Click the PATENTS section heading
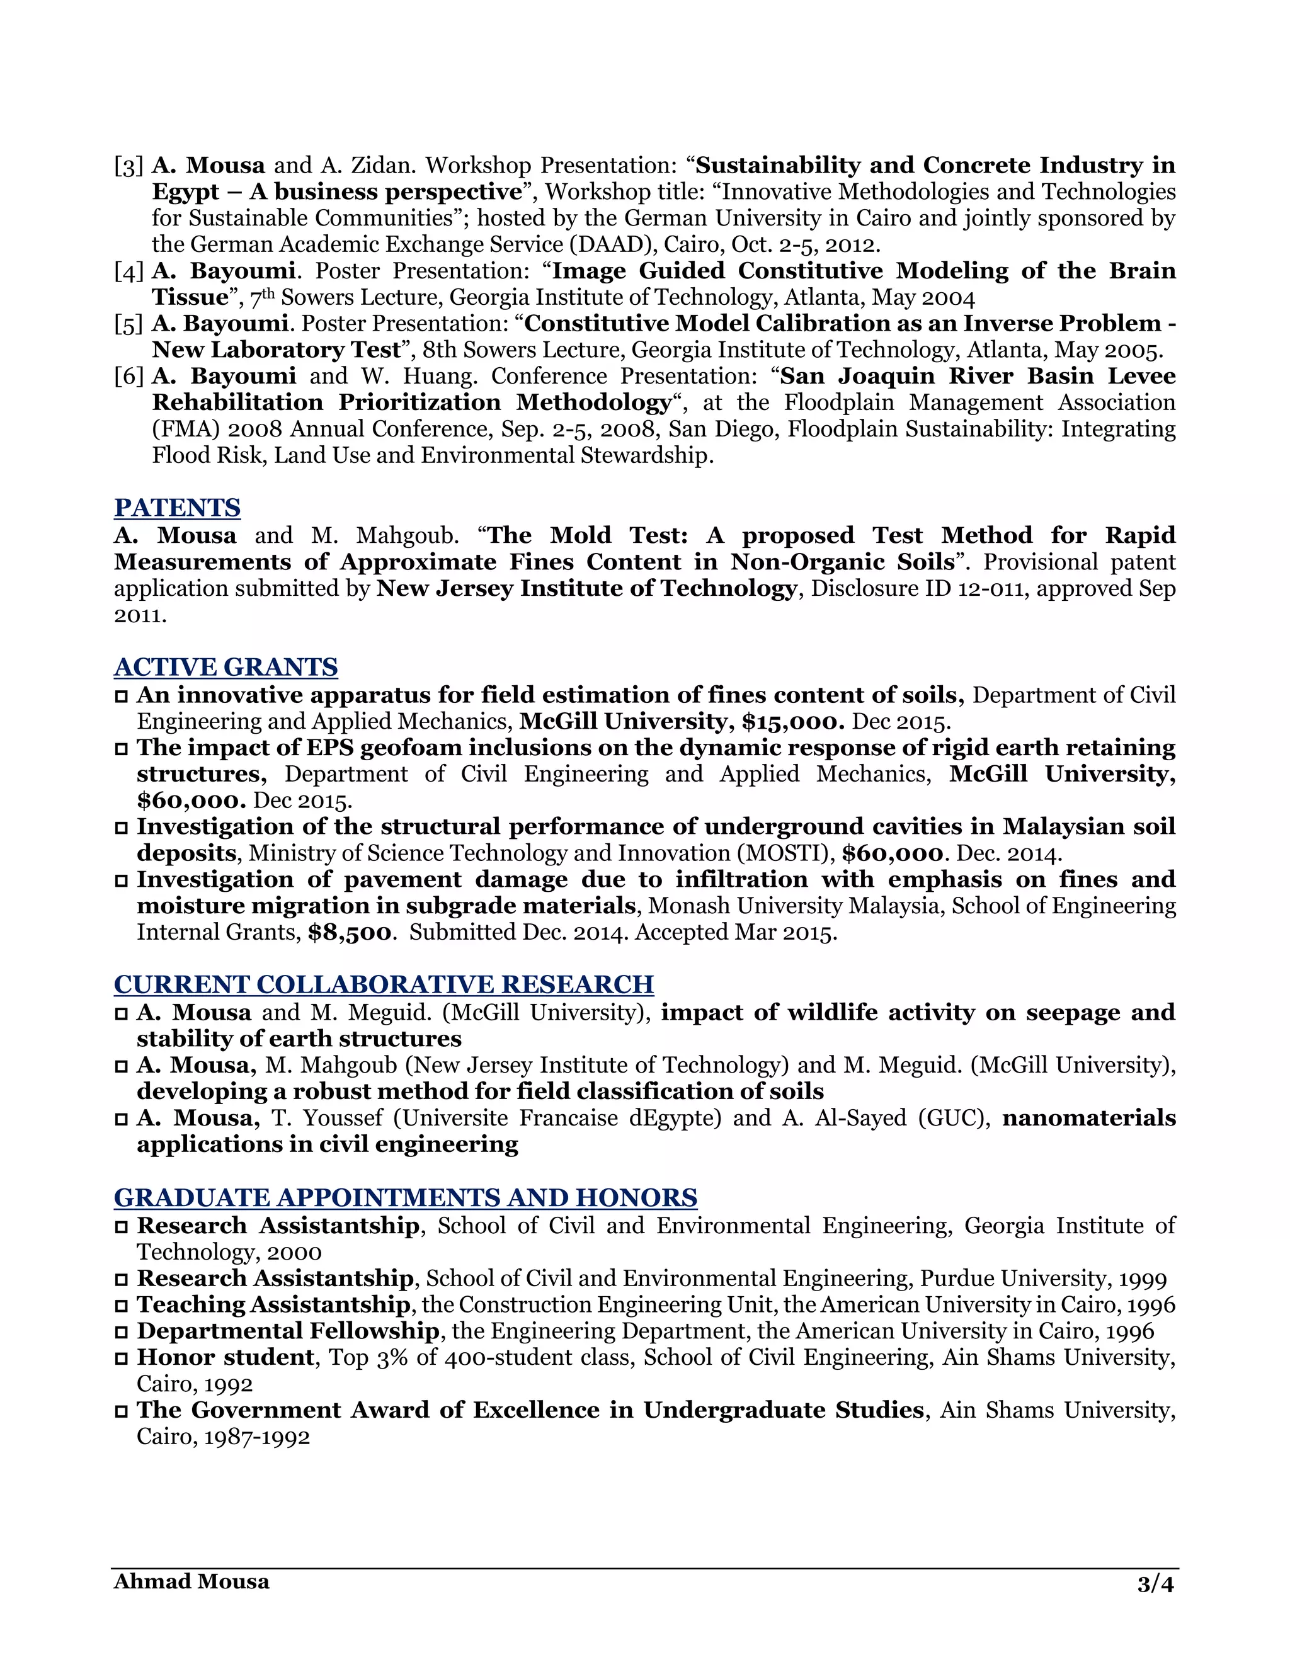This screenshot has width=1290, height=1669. [x=177, y=508]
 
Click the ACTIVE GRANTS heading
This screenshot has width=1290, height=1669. [x=225, y=667]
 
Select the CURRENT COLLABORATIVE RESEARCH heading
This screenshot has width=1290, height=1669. [x=384, y=984]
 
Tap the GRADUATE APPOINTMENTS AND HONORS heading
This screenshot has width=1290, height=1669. [x=405, y=1197]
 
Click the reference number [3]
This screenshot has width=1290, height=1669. [x=129, y=166]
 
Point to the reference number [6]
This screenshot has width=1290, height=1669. [x=129, y=377]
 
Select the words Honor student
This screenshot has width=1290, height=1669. [x=225, y=1357]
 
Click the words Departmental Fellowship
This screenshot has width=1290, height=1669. [x=287, y=1331]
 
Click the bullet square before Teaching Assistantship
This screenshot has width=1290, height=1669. [x=122, y=1306]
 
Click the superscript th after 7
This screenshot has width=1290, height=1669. [x=268, y=293]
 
